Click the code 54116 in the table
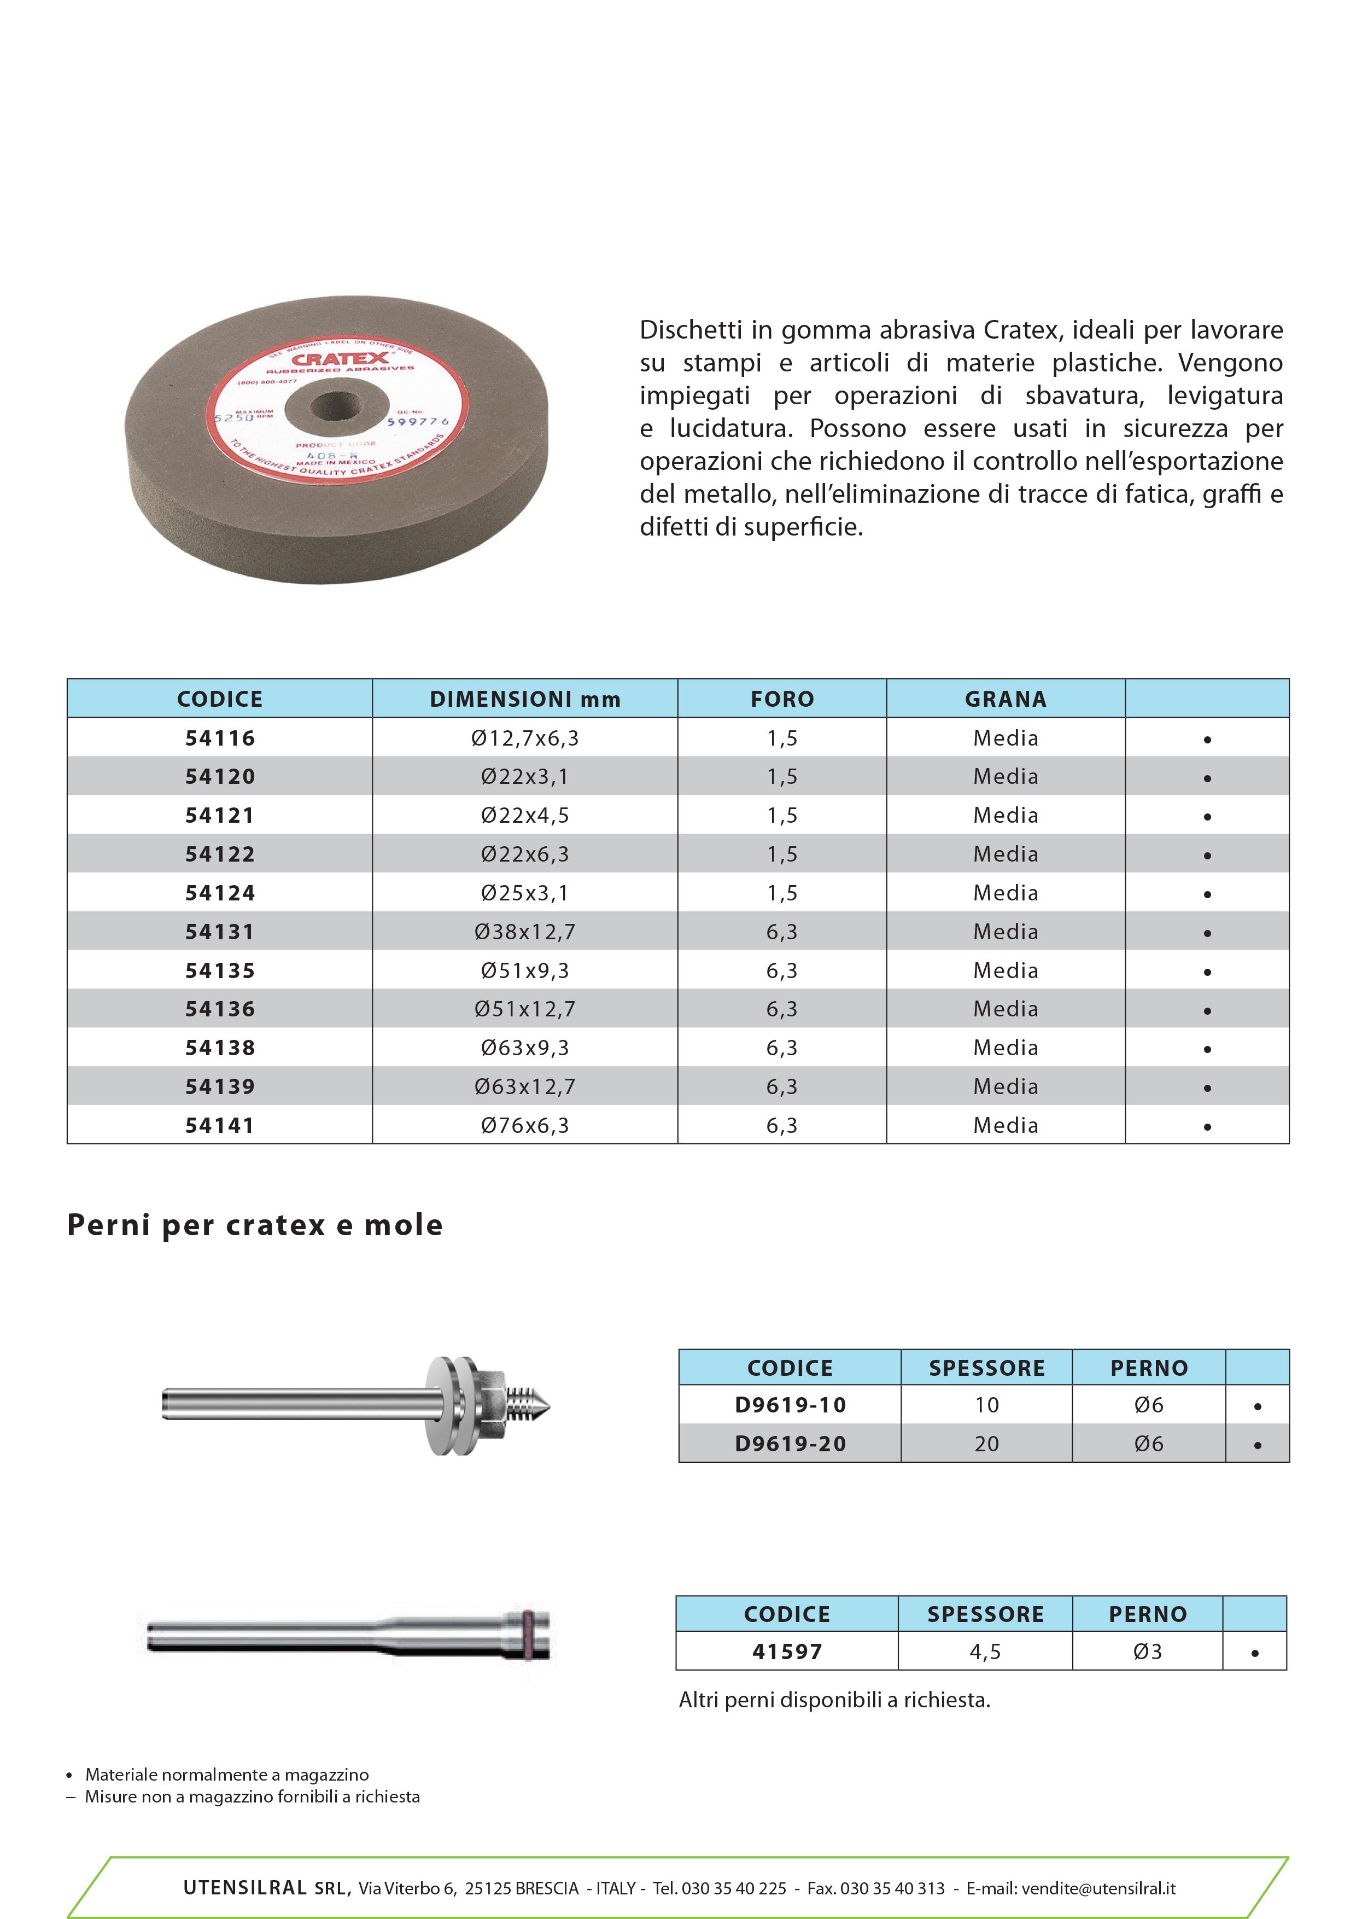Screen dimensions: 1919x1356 pyautogui.click(x=220, y=738)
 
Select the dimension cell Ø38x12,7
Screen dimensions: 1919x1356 pyautogui.click(x=525, y=932)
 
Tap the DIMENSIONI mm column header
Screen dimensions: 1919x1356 pyautogui.click(x=525, y=699)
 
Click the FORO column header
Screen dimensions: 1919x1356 pyautogui.click(x=782, y=699)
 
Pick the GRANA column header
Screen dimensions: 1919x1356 pyautogui.click(x=1005, y=699)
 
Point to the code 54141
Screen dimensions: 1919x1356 pyautogui.click(x=220, y=1125)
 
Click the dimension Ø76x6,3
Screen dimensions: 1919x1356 pyautogui.click(x=525, y=1125)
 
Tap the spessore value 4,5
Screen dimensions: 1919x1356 pyautogui.click(x=985, y=1651)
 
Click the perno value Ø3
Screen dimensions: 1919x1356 pyautogui.click(x=1147, y=1651)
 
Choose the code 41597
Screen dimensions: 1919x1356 pyautogui.click(x=787, y=1651)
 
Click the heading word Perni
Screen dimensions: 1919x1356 pyautogui.click(x=109, y=1225)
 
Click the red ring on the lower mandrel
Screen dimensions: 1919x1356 pyautogui.click(x=528, y=1634)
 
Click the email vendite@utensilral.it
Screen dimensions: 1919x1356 pyautogui.click(x=1098, y=1889)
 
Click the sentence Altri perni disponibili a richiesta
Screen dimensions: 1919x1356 pyautogui.click(x=834, y=1700)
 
